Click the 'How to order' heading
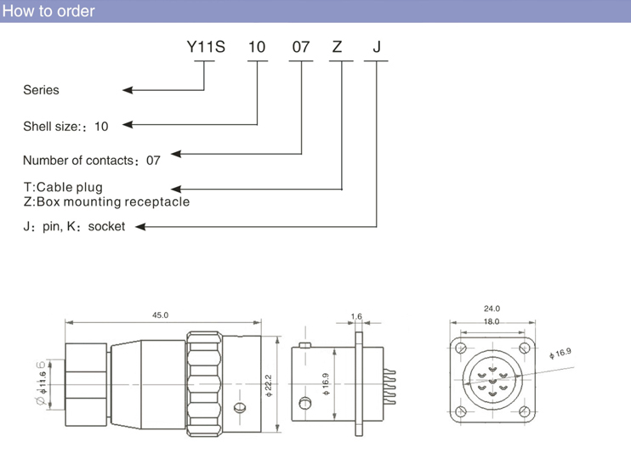click(x=48, y=11)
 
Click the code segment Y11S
click(x=206, y=48)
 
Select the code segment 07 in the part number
click(x=301, y=48)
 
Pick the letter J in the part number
click(x=377, y=48)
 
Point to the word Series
click(x=41, y=89)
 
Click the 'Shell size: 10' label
click(x=65, y=126)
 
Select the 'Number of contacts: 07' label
click(x=91, y=160)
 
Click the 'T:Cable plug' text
click(x=63, y=187)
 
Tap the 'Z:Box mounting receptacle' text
click(x=106, y=202)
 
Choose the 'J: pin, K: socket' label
click(x=74, y=227)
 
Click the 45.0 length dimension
click(x=161, y=315)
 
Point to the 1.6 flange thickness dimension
click(x=355, y=316)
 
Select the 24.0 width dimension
click(x=492, y=309)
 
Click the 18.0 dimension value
click(x=492, y=322)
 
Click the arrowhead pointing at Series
click(x=128, y=89)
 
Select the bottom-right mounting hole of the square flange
click(x=522, y=412)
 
